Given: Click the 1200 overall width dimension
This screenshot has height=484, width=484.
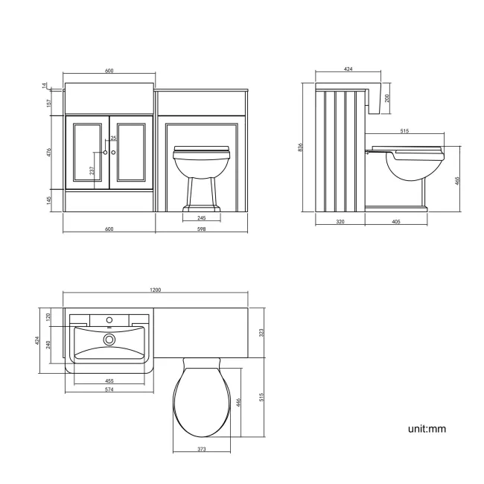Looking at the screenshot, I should point(156,291).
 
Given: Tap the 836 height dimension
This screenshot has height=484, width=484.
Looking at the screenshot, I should point(301,147).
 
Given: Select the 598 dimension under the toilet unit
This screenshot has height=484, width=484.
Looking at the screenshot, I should point(201,229).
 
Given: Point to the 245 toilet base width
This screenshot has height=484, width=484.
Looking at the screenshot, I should point(201,218).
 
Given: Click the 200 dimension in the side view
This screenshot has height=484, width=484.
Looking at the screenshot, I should point(387,98).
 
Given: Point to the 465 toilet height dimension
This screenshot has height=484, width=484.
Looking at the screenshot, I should point(457,179).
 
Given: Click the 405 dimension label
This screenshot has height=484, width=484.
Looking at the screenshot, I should point(396,221).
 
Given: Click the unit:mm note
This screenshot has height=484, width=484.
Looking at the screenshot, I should point(427,429).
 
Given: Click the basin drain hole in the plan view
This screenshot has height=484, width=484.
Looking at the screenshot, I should point(109,340).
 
